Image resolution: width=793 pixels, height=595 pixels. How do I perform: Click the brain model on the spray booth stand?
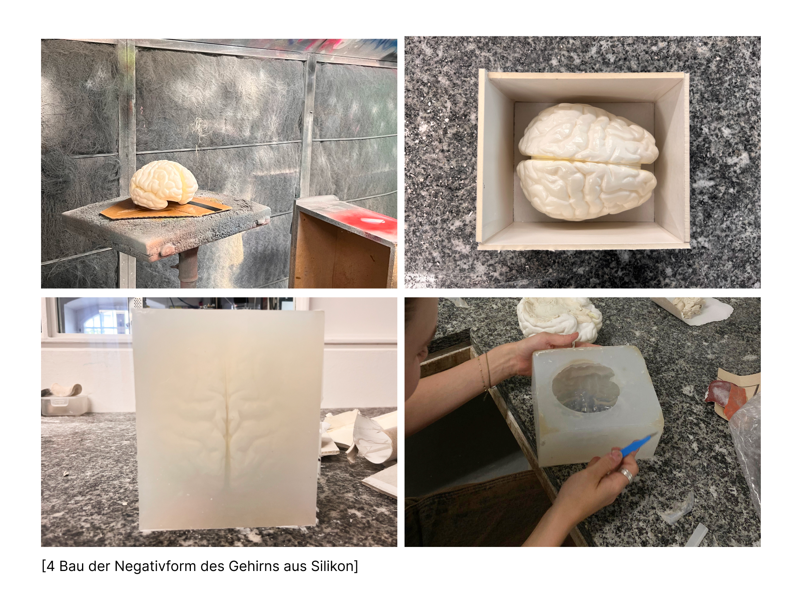pyautogui.click(x=163, y=183)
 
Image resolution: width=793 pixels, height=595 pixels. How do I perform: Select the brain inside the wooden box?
pyautogui.click(x=588, y=162)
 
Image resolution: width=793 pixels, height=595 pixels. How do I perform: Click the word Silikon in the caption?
pyautogui.click(x=333, y=566)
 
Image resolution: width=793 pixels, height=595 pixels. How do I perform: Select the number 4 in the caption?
pyautogui.click(x=50, y=566)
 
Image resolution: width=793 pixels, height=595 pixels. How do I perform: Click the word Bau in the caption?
pyautogui.click(x=72, y=566)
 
